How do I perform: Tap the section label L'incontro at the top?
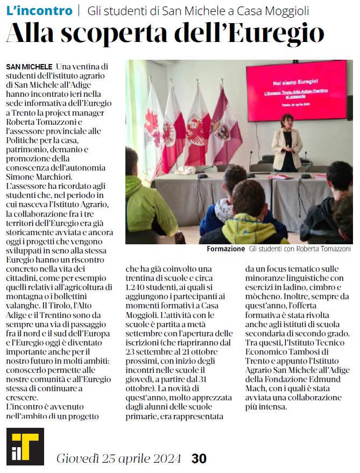tap(39, 10)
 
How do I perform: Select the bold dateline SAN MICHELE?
tap(29, 66)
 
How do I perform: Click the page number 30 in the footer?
tap(199, 458)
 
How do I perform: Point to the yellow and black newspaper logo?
tap(25, 446)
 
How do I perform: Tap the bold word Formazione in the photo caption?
tap(227, 250)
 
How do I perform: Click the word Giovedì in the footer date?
tap(77, 458)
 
